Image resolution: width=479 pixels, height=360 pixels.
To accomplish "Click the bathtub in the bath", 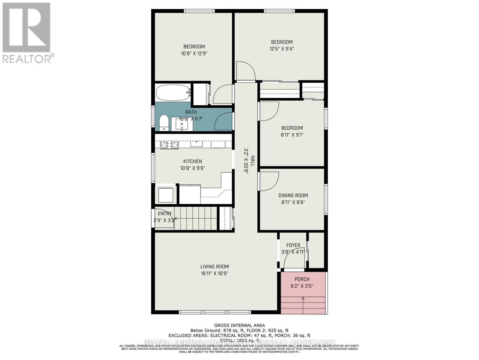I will pos(173,93).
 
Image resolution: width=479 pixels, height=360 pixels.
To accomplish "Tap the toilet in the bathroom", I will pos(164,122).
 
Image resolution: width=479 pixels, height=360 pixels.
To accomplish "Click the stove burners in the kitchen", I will pos(169,145).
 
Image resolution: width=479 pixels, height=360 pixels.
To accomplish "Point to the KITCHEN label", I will pos(192,161).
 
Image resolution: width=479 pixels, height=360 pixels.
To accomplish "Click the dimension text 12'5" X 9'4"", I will pos(282,49).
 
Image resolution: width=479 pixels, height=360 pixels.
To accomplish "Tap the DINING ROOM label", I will pos(293,195).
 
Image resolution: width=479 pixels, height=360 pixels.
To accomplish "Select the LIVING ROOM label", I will pos(214,266).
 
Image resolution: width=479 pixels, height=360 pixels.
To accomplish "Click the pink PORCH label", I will pos(302,279).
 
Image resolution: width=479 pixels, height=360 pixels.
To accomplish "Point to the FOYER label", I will pos(293,245).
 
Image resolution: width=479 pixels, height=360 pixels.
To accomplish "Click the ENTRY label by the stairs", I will pos(165,214).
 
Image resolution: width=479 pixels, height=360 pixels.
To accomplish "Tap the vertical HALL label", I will pos(252,161).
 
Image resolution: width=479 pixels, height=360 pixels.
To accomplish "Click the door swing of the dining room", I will pos(269,181).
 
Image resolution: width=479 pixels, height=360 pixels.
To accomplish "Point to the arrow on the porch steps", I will pos(303,298).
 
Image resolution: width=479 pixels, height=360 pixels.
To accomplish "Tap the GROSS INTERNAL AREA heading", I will pos(239,325).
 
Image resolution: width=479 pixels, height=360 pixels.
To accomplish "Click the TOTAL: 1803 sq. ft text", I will pos(239,340).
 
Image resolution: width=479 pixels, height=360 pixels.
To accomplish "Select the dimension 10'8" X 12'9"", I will pos(194,53).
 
